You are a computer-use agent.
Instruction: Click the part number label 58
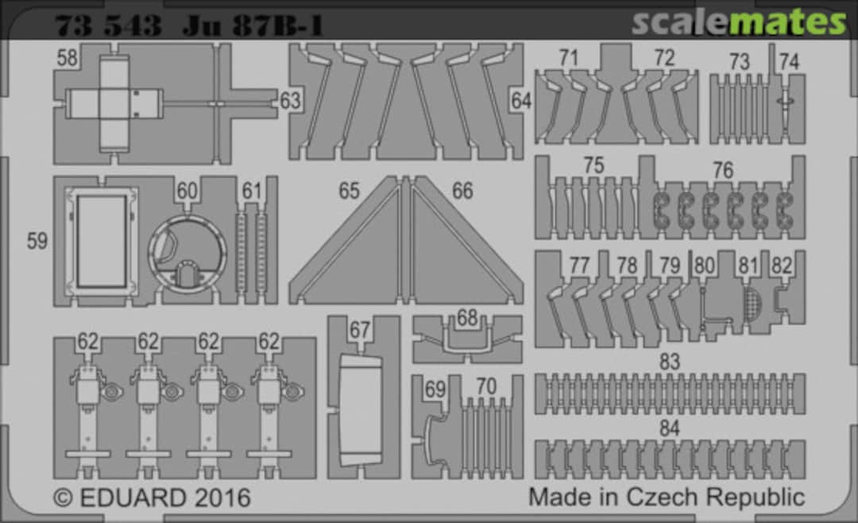pyautogui.click(x=68, y=57)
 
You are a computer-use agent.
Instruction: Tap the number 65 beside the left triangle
pyautogui.click(x=349, y=191)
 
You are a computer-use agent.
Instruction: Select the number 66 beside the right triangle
pyautogui.click(x=462, y=191)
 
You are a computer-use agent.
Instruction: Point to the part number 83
pyautogui.click(x=669, y=362)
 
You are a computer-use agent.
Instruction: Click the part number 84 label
pyautogui.click(x=669, y=428)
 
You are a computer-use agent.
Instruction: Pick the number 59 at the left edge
pyautogui.click(x=37, y=241)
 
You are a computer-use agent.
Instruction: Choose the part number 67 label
pyautogui.click(x=360, y=330)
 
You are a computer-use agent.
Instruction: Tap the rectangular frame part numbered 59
pyautogui.click(x=101, y=242)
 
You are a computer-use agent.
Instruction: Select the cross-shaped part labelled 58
pyautogui.click(x=114, y=103)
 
